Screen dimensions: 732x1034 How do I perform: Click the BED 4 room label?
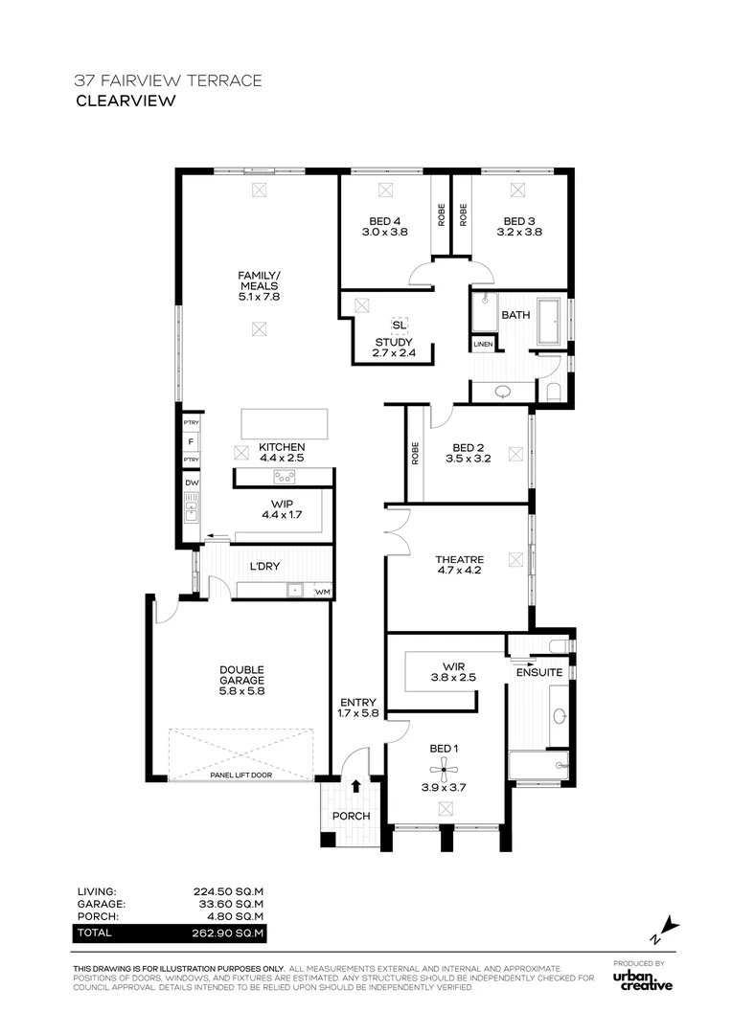[385, 221]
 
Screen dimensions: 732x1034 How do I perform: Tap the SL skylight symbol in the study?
[400, 326]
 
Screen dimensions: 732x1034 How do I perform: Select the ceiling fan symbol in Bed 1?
[445, 768]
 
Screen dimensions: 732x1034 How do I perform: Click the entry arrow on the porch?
[355, 785]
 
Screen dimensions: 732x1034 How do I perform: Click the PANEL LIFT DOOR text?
[240, 775]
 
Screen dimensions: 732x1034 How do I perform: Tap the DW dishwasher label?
[192, 483]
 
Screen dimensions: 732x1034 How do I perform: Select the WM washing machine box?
[322, 592]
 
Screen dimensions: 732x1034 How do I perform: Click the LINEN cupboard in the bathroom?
[483, 345]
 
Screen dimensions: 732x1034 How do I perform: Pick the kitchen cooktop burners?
[285, 476]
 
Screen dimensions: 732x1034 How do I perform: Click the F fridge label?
[191, 441]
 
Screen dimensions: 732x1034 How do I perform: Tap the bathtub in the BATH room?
[548, 321]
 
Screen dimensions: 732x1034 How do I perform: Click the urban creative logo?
[643, 980]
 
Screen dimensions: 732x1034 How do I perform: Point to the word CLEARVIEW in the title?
[126, 101]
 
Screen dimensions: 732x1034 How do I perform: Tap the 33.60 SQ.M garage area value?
[231, 904]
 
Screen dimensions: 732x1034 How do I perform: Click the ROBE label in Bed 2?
[415, 453]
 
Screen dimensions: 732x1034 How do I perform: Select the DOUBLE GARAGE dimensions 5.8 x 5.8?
[242, 691]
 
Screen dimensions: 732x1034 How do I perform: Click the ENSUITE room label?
[539, 673]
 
